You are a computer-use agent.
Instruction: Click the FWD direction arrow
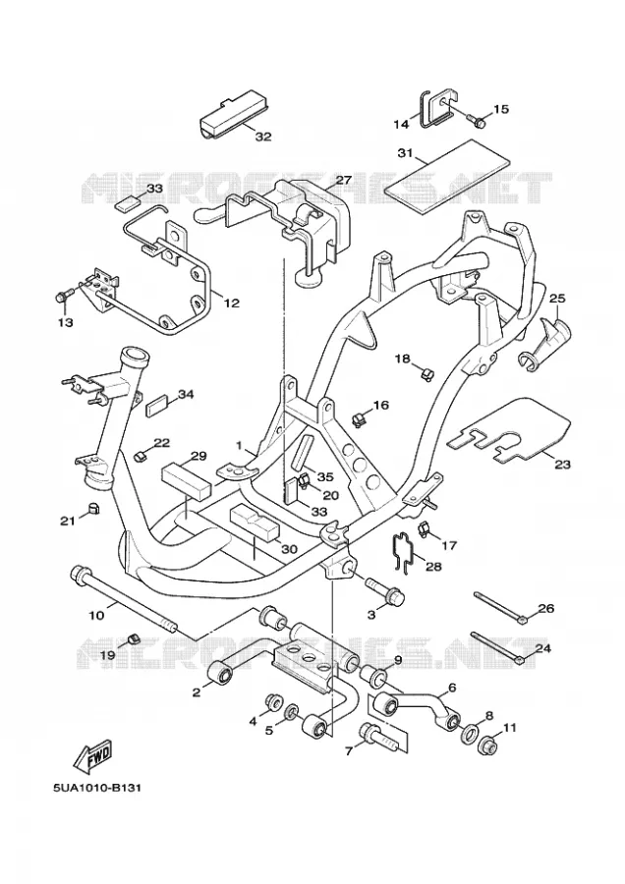click(x=93, y=756)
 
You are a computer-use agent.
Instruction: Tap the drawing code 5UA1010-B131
click(x=97, y=787)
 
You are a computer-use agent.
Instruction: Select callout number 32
click(x=262, y=137)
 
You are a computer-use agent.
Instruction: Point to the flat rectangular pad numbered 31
click(x=447, y=176)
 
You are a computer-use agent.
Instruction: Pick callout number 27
click(x=344, y=180)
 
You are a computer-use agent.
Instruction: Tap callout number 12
click(x=231, y=304)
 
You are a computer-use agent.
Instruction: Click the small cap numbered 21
click(x=93, y=508)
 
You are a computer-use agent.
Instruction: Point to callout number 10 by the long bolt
click(x=97, y=615)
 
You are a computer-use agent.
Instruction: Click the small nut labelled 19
click(x=134, y=637)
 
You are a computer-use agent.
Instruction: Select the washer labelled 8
click(x=470, y=735)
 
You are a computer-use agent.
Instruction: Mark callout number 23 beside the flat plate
click(x=562, y=465)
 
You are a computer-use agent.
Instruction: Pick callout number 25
click(x=557, y=298)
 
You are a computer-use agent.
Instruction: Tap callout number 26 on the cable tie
click(x=546, y=608)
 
